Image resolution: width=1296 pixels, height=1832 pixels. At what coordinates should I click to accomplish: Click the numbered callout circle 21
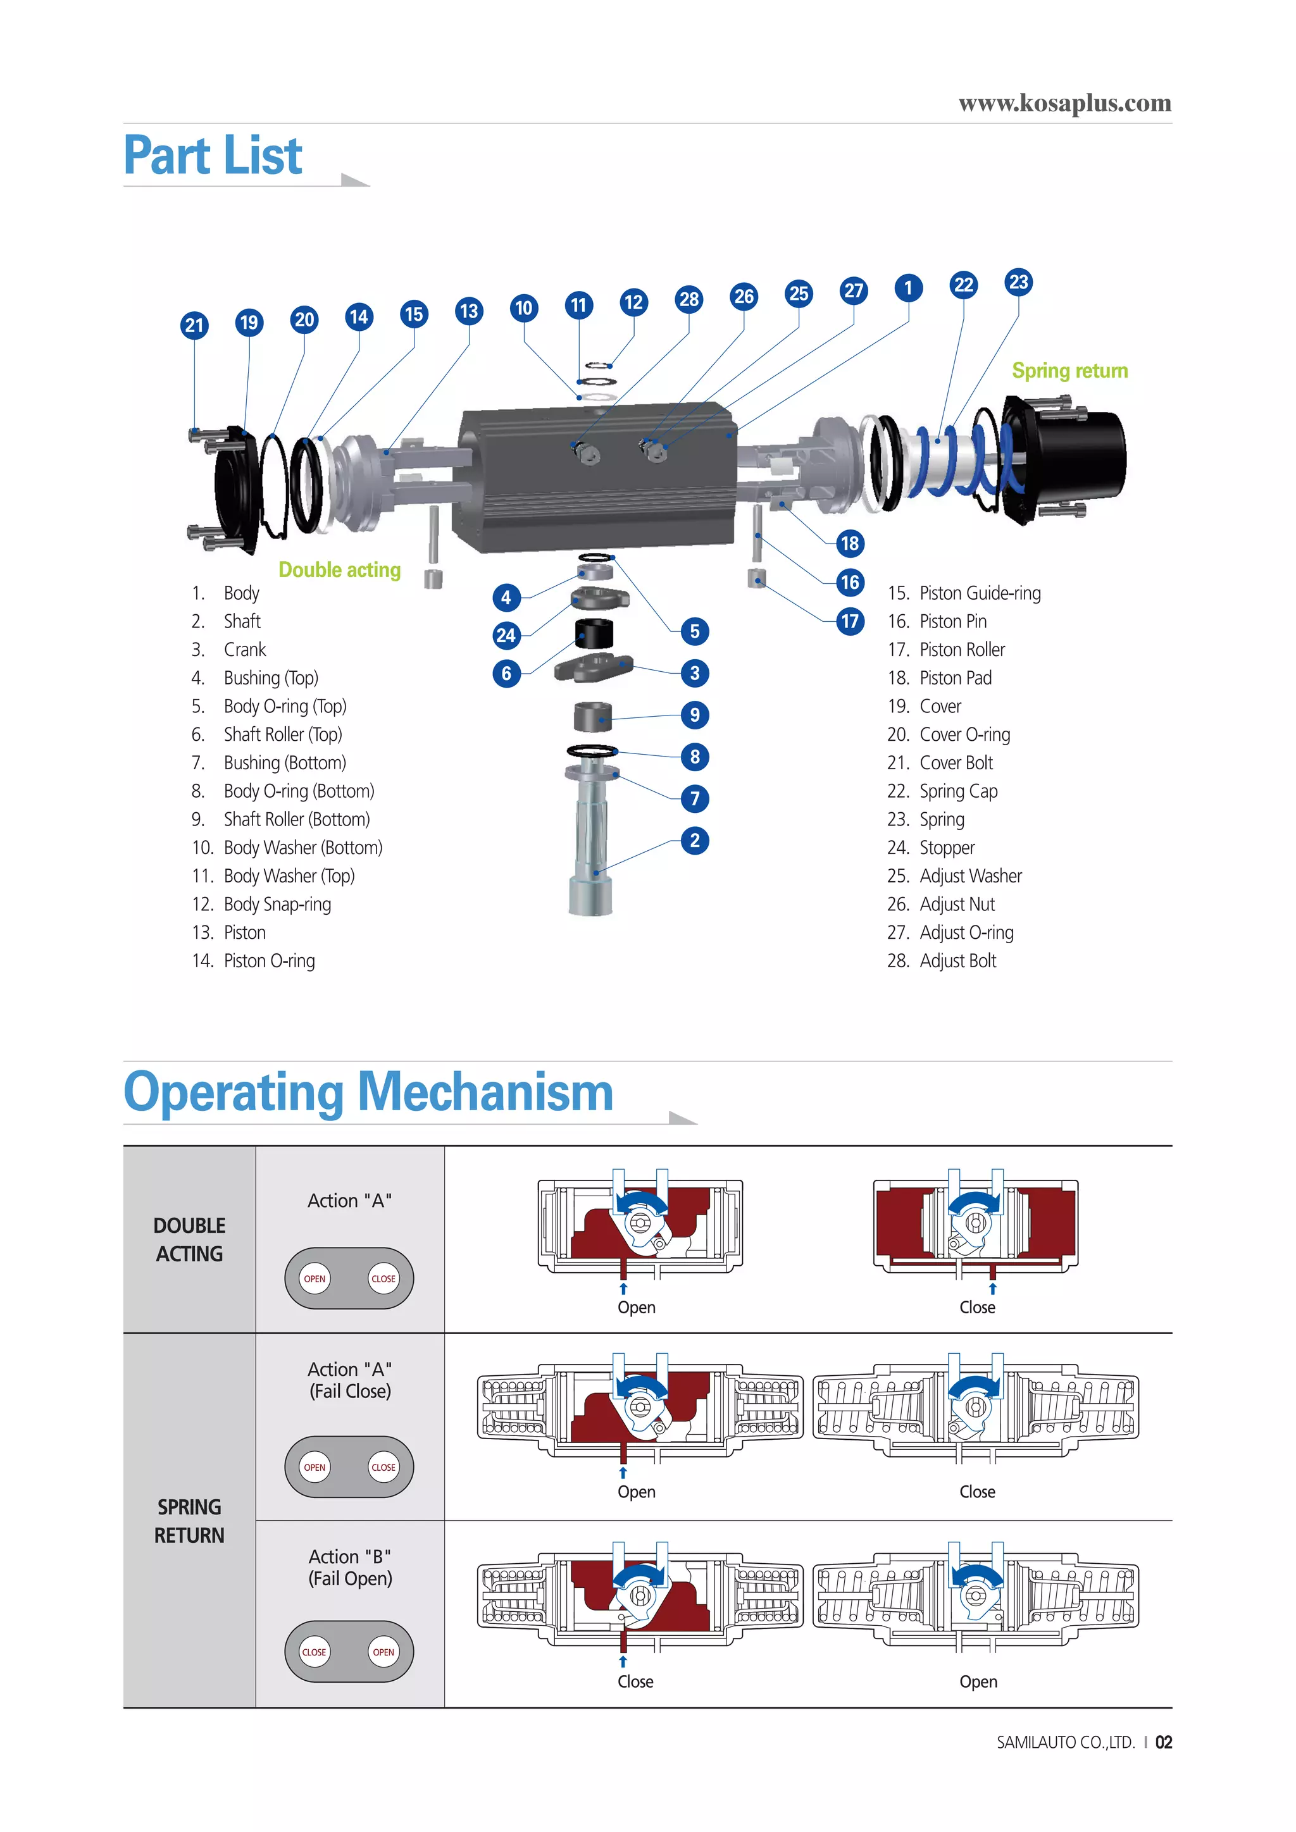pyautogui.click(x=195, y=326)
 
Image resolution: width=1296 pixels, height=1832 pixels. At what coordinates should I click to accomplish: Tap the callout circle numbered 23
pyautogui.click(x=1018, y=282)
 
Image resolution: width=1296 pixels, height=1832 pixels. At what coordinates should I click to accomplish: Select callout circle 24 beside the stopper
pyautogui.click(x=506, y=635)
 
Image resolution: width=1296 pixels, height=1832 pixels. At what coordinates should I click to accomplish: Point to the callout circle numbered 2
pyautogui.click(x=694, y=840)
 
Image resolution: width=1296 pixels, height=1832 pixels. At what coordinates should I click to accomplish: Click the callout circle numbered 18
pyautogui.click(x=850, y=543)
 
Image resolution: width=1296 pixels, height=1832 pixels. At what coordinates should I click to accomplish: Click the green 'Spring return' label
pyautogui.click(x=1069, y=371)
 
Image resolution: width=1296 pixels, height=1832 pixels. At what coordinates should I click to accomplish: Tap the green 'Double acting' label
pyautogui.click(x=339, y=570)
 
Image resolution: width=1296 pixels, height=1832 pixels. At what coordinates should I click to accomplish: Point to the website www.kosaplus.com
pyautogui.click(x=1064, y=104)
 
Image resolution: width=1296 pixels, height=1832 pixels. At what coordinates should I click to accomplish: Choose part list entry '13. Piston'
pyautogui.click(x=230, y=932)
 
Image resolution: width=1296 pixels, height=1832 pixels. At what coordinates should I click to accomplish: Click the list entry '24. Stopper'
pyautogui.click(x=931, y=848)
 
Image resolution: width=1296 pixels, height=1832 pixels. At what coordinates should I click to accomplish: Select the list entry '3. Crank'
pyautogui.click(x=230, y=650)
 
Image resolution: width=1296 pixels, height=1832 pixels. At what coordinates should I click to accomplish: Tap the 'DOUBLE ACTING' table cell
pyautogui.click(x=189, y=1239)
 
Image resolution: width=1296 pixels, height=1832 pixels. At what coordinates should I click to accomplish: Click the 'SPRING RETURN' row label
pyautogui.click(x=189, y=1521)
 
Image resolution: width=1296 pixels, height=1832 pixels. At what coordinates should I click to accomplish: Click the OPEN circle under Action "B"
pyautogui.click(x=383, y=1652)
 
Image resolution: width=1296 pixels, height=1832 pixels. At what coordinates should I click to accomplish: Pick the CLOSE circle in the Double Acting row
pyautogui.click(x=383, y=1278)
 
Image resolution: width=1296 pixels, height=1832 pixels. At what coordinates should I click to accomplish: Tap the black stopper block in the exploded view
pyautogui.click(x=594, y=633)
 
